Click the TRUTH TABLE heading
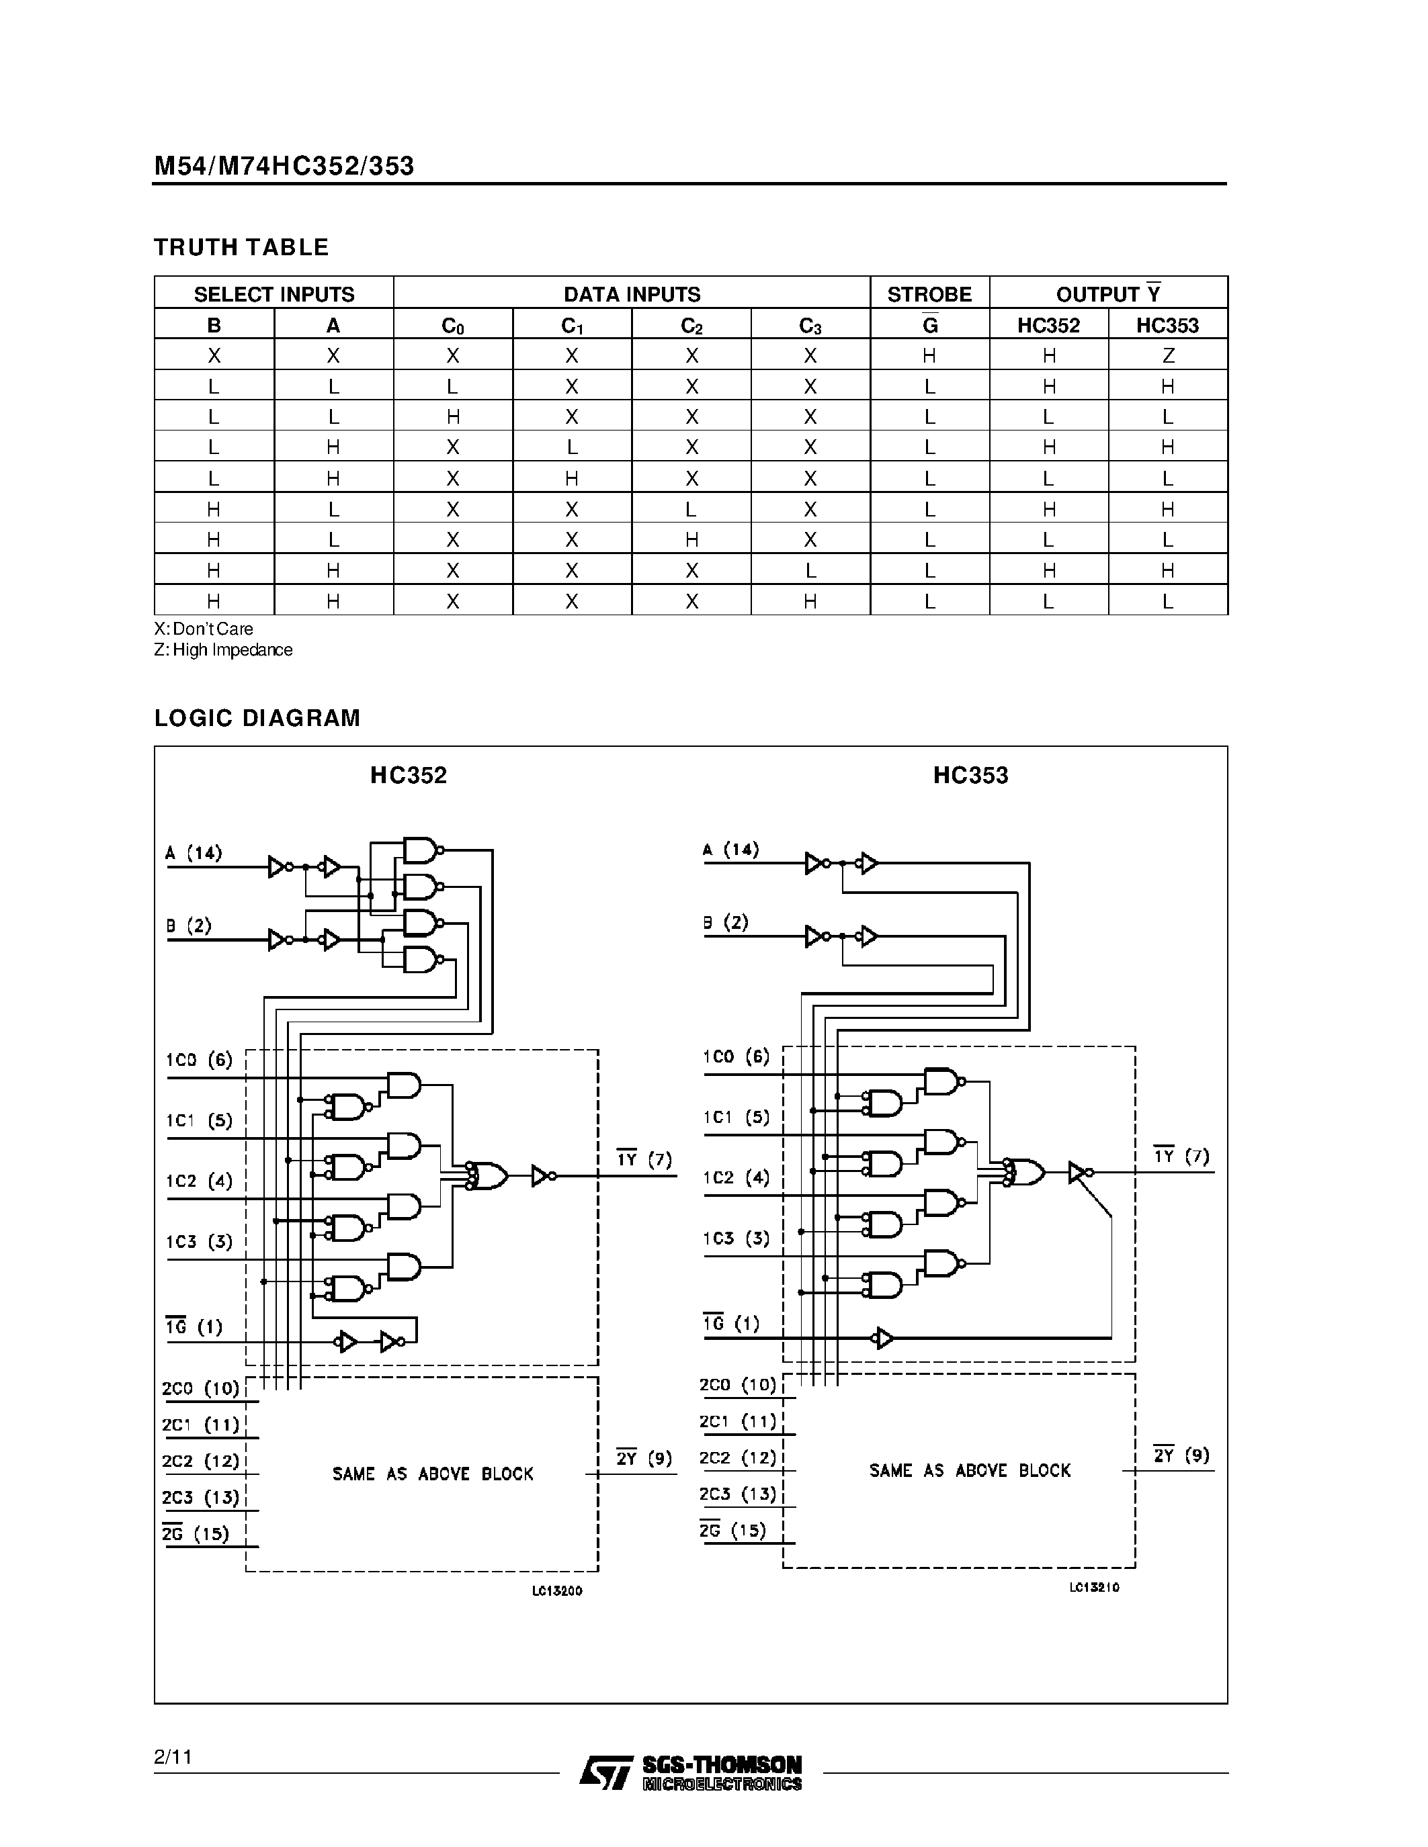click(x=241, y=247)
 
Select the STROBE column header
click(x=929, y=294)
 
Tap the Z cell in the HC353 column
click(x=1167, y=356)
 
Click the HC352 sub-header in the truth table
click(x=1048, y=326)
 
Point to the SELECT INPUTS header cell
click(x=274, y=294)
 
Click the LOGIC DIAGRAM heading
click(x=257, y=718)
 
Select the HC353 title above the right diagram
click(x=970, y=776)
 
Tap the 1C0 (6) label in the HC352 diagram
click(x=199, y=1060)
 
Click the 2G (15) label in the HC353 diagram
click(x=733, y=1530)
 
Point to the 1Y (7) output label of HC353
click(x=1181, y=1156)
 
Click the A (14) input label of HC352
click(x=194, y=852)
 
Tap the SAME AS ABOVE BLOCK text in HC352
click(x=432, y=1474)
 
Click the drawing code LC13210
click(x=1094, y=1587)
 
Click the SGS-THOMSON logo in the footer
click(x=690, y=1772)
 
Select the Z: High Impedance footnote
click(x=223, y=649)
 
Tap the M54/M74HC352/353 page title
click(x=284, y=166)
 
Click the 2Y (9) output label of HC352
click(x=644, y=1458)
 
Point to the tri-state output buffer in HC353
click(x=1079, y=1172)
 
